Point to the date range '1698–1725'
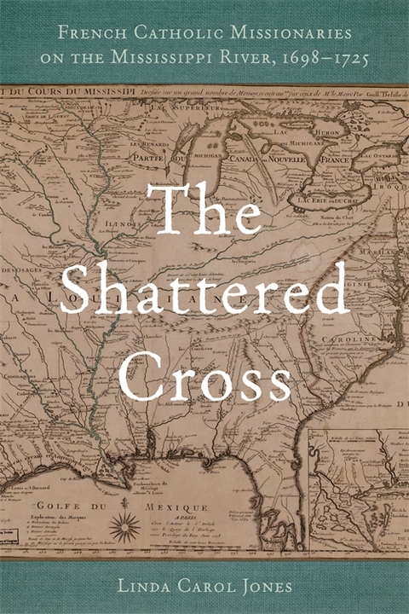[x=316, y=61]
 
